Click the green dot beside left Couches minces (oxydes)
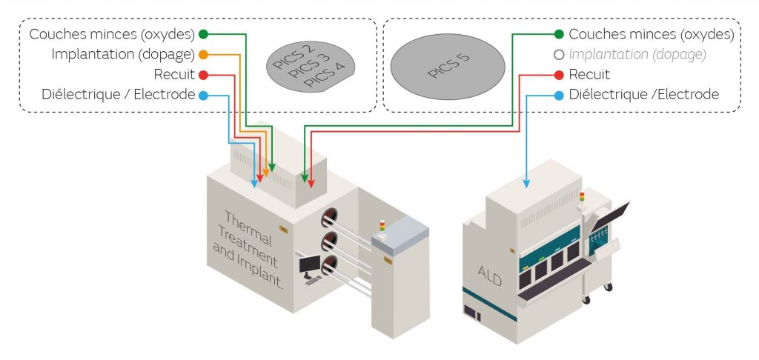click(x=203, y=34)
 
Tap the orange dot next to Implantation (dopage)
click(x=203, y=54)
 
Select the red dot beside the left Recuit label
click(x=203, y=75)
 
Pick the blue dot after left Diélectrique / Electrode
click(x=203, y=95)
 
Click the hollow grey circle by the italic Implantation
click(x=558, y=54)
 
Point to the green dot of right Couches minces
click(x=558, y=34)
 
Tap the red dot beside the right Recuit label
click(x=558, y=75)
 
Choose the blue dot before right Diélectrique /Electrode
click(x=558, y=95)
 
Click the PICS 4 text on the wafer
click(x=324, y=76)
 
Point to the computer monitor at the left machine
click(x=310, y=264)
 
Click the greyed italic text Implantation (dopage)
click(x=637, y=54)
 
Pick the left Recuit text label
click(x=174, y=75)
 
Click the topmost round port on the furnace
click(x=328, y=217)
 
